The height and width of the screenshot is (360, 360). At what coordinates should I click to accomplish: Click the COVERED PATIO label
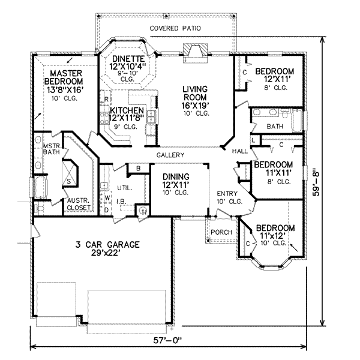(x=175, y=28)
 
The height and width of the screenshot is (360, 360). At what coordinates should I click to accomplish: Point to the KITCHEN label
(x=127, y=111)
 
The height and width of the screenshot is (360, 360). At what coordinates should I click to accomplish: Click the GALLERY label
(x=170, y=155)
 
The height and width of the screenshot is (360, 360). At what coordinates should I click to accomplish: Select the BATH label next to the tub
(x=275, y=127)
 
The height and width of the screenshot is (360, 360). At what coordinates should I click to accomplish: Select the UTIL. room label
(x=125, y=188)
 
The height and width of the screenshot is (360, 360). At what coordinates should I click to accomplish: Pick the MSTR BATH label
(x=42, y=148)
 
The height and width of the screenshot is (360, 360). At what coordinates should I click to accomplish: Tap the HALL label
(x=240, y=151)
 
